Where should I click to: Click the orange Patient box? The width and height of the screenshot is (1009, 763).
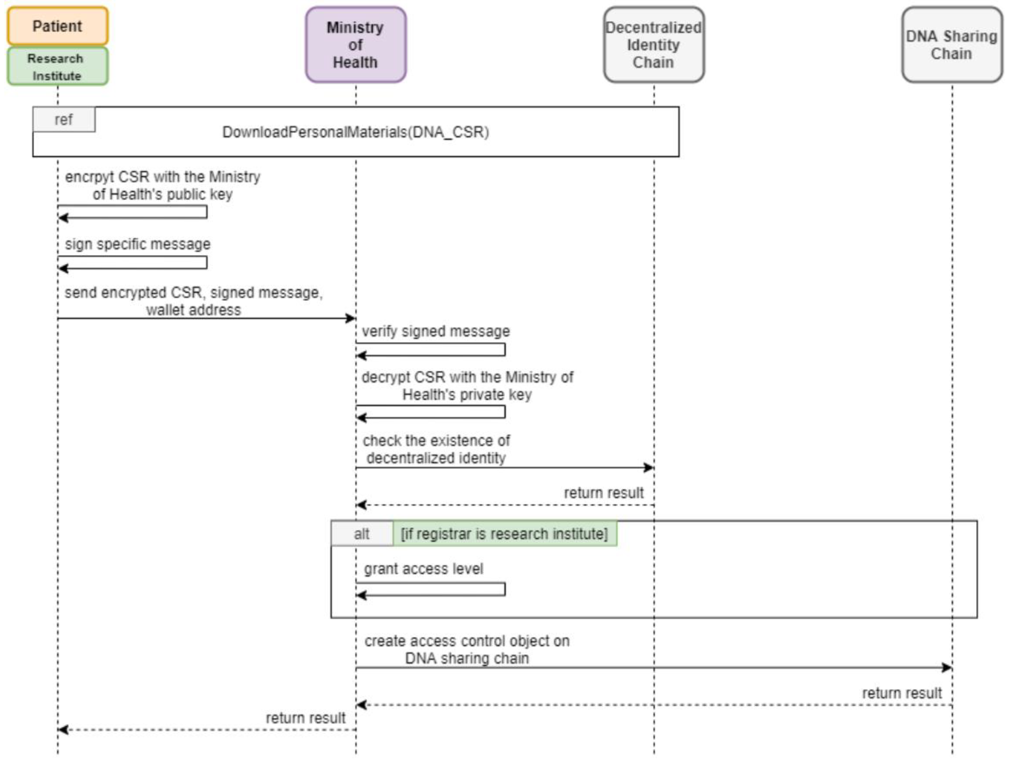pos(58,26)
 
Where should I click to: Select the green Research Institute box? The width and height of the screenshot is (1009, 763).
pos(58,67)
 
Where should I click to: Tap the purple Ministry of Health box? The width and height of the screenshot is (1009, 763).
pos(355,45)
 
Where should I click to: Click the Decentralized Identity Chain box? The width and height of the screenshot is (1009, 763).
pos(653,45)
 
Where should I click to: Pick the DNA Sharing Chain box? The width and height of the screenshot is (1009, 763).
pos(951,45)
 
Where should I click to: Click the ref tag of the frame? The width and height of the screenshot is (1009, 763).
pos(63,120)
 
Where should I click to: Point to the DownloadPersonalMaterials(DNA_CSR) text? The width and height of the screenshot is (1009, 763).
pos(355,132)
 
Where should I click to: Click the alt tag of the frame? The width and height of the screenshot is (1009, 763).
pos(361,534)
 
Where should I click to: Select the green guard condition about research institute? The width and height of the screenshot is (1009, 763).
pos(504,534)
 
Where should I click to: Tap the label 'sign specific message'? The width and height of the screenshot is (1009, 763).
pos(137,244)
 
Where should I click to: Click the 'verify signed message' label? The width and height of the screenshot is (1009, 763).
pos(436,331)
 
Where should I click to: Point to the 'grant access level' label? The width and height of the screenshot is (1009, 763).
pos(423,569)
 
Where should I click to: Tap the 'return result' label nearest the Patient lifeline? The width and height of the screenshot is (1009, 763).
pos(305,718)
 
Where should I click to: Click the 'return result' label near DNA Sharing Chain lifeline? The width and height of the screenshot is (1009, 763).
pos(901,693)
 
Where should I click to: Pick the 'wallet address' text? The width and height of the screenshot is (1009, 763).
pos(194,310)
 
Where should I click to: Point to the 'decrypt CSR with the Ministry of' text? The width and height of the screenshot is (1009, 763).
pos(467,377)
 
